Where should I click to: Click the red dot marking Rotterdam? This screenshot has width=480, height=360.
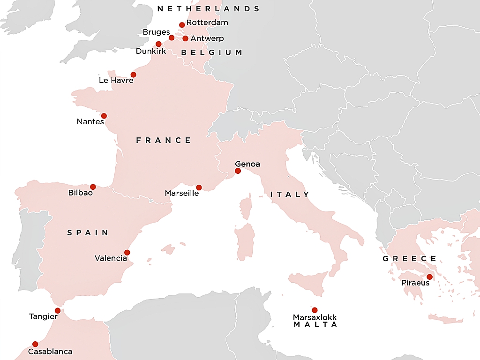click(x=182, y=25)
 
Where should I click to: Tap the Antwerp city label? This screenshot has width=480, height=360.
click(x=207, y=38)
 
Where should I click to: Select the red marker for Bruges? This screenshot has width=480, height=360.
click(x=172, y=37)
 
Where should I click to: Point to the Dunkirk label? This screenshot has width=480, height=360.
click(x=151, y=51)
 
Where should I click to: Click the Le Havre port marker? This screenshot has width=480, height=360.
click(x=133, y=75)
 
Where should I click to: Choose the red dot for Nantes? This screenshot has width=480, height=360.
click(x=104, y=116)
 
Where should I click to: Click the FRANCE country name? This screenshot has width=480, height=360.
click(x=164, y=140)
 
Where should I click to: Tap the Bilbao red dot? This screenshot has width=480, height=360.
click(x=93, y=187)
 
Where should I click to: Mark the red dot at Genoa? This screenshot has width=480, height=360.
click(x=238, y=171)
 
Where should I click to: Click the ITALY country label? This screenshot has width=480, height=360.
click(x=290, y=195)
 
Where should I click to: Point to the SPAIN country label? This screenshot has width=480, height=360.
click(x=88, y=232)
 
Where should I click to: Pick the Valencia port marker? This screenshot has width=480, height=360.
click(x=127, y=252)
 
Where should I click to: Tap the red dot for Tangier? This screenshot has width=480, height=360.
click(x=58, y=310)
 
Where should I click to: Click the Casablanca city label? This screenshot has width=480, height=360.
click(x=50, y=351)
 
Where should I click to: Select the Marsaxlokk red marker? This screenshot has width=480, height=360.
click(x=315, y=310)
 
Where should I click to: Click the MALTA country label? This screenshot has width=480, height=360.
click(x=315, y=325)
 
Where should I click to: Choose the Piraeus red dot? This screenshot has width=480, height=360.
click(x=429, y=277)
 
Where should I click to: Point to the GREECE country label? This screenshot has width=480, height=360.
click(x=410, y=259)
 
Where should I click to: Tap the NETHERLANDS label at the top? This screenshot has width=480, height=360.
click(x=208, y=9)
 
